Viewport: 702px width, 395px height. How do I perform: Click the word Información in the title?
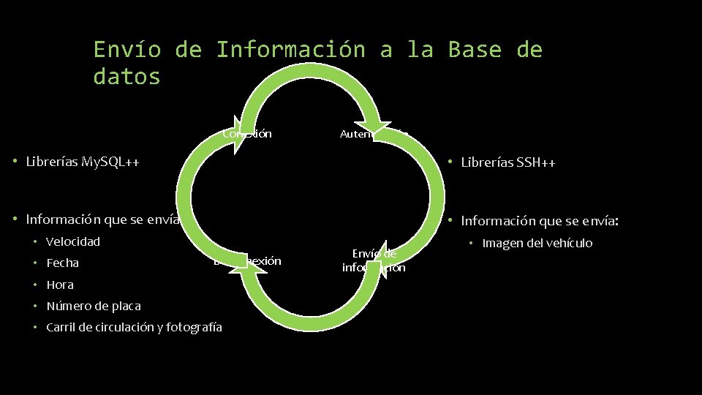(290, 50)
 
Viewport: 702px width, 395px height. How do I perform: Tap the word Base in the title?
(475, 50)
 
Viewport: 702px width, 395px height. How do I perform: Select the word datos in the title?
(127, 76)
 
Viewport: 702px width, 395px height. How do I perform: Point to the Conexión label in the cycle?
(249, 134)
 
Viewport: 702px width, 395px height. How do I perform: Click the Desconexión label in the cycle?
(249, 261)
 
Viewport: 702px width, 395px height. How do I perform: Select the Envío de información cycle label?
(374, 260)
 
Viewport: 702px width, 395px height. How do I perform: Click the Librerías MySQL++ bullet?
(83, 161)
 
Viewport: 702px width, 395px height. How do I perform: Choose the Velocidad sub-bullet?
(72, 241)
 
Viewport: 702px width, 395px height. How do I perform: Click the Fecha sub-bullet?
(62, 263)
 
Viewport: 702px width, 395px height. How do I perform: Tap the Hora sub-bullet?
(59, 285)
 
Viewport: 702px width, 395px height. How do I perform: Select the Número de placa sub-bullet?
(93, 306)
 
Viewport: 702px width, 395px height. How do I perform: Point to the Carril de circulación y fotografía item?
(134, 327)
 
